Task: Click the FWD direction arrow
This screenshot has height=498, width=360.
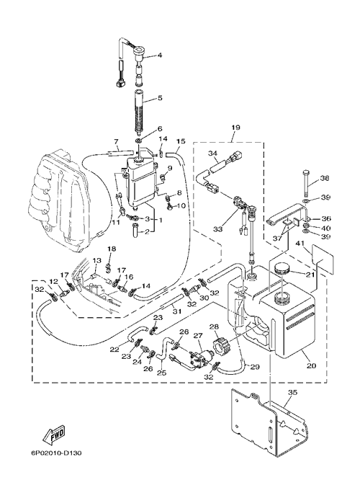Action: [55, 434]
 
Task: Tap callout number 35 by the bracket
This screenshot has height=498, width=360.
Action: [292, 393]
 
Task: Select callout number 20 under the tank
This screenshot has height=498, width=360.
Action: [312, 365]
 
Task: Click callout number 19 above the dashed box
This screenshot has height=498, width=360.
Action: [236, 128]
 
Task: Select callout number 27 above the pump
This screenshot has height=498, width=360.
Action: [198, 334]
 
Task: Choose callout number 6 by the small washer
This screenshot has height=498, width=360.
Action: [160, 128]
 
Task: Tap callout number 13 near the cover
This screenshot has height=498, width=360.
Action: [96, 260]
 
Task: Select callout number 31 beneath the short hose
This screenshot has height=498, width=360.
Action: [177, 311]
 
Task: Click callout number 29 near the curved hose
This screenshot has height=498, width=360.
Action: [256, 367]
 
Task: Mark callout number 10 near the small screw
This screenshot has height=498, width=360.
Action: [181, 206]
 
